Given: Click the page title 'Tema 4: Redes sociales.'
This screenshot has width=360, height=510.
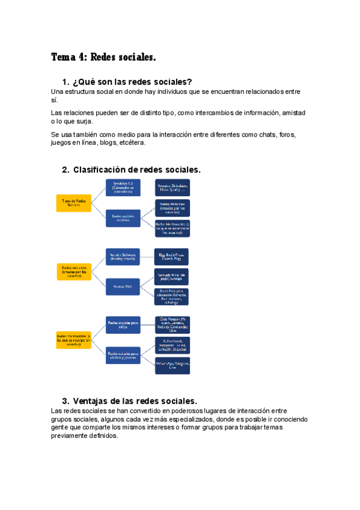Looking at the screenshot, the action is click(103, 58).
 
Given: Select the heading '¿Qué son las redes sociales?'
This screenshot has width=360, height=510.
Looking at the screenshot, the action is click(132, 82).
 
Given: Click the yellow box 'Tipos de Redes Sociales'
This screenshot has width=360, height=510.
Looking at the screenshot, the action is click(73, 203).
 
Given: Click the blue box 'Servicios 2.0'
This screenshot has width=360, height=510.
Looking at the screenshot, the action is click(123, 188).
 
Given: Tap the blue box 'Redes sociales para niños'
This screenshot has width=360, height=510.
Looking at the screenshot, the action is click(123, 324).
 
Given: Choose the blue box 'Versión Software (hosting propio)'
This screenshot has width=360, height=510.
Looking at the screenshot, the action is click(123, 256).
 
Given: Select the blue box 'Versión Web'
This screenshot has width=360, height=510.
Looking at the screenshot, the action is click(123, 286).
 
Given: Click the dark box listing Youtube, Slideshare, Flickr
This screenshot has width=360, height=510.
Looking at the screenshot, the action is click(172, 188).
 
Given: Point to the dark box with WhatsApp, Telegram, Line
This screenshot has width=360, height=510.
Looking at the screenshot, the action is click(172, 366).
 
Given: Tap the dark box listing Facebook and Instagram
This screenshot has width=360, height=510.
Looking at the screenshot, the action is click(172, 346).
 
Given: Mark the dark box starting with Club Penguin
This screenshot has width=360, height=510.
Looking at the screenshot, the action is click(172, 324).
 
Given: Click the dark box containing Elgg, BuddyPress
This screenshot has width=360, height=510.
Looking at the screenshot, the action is click(172, 256).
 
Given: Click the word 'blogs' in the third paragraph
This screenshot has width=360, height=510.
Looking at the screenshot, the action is click(108, 143).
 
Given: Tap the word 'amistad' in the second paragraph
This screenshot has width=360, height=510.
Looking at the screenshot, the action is click(292, 112).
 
